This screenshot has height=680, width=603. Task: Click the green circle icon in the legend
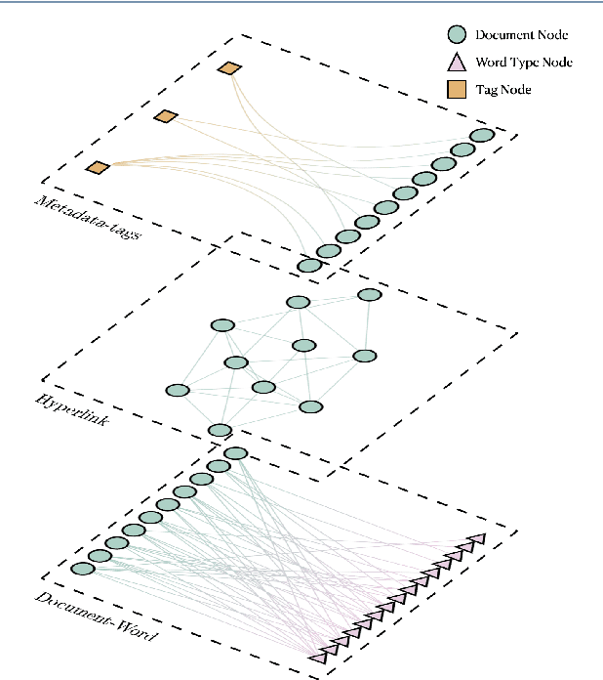[x=456, y=35]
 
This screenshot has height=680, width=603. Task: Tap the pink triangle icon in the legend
[x=456, y=63]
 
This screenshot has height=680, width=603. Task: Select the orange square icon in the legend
[x=456, y=90]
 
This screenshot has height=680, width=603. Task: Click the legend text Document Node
[x=521, y=35]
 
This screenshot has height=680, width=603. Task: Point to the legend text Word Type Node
[x=523, y=63]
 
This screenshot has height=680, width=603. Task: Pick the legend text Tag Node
[x=502, y=90]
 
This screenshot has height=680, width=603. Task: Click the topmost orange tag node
[x=229, y=68]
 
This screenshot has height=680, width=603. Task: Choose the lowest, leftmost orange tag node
[x=97, y=167]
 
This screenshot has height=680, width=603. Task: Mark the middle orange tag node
[x=166, y=117]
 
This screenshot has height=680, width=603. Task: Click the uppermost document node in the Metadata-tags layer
[x=481, y=136]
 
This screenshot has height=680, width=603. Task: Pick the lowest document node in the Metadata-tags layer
[x=309, y=265]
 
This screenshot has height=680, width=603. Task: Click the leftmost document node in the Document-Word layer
[x=83, y=569]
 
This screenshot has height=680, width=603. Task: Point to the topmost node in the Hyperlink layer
[x=369, y=295]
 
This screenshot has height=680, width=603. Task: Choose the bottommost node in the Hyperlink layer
[x=221, y=430]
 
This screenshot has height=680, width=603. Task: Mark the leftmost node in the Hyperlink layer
[x=177, y=391]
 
